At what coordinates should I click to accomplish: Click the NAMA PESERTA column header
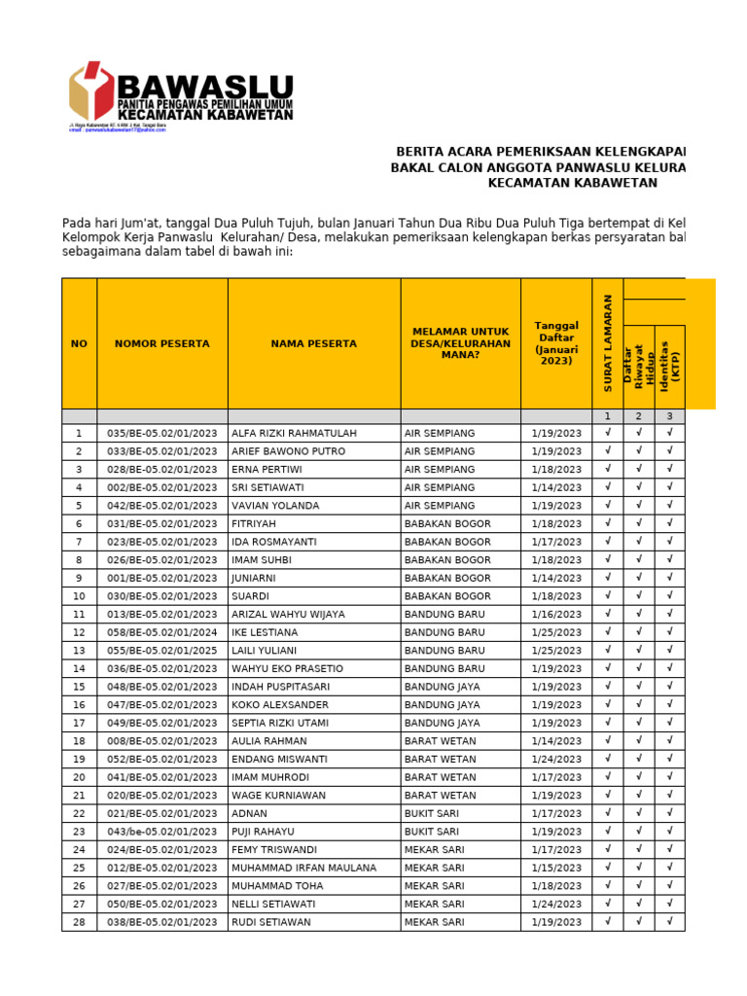313,343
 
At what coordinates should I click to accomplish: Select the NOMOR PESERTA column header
161,343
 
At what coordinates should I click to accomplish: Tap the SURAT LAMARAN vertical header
608,343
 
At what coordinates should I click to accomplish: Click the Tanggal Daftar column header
556,343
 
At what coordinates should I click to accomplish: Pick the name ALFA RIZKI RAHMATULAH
280,433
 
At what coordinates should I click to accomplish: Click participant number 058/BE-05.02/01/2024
161,632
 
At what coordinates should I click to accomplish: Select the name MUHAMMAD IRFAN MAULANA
303,868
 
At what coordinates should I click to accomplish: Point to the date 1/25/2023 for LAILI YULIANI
556,651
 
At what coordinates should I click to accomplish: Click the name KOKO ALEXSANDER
274,704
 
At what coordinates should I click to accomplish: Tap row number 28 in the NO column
79,922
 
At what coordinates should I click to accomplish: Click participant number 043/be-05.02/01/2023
161,832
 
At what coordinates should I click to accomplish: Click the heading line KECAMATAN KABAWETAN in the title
572,183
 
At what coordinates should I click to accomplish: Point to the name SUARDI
250,596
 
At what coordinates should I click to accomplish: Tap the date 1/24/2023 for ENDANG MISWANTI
556,759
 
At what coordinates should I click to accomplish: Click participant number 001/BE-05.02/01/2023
161,578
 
